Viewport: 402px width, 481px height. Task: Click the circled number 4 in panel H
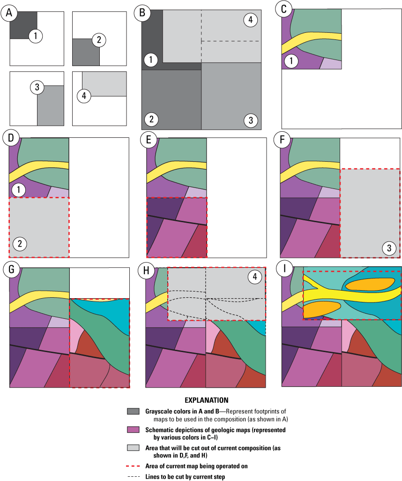click(x=254, y=277)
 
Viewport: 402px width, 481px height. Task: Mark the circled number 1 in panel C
click(x=291, y=60)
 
